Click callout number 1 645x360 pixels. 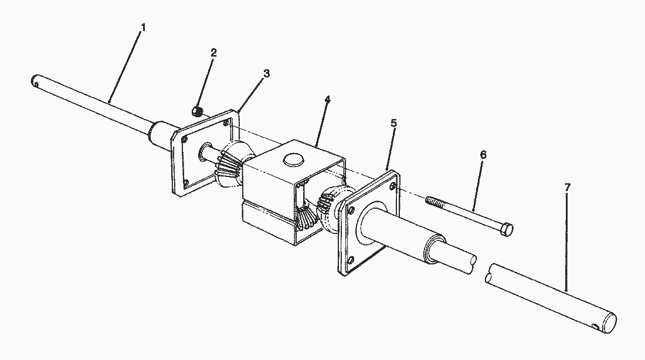point(143,28)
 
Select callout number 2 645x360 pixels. point(213,53)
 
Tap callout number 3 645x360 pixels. point(267,74)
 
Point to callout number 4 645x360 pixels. point(327,100)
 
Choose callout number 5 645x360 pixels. point(393,123)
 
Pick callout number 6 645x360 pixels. point(483,155)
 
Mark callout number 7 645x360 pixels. point(567,188)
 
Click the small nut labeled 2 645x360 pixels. point(198,111)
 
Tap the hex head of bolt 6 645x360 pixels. point(508,230)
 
